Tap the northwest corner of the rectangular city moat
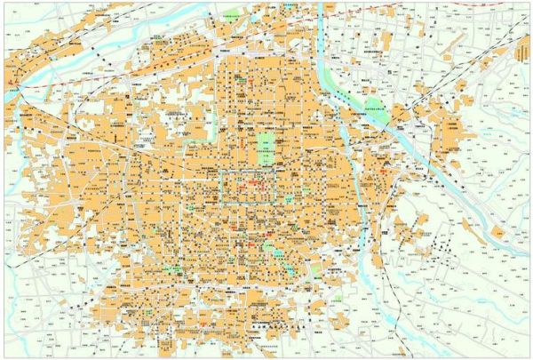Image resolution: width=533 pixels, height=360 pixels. (220, 171)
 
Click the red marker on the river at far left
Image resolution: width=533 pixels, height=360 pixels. (12, 85)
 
